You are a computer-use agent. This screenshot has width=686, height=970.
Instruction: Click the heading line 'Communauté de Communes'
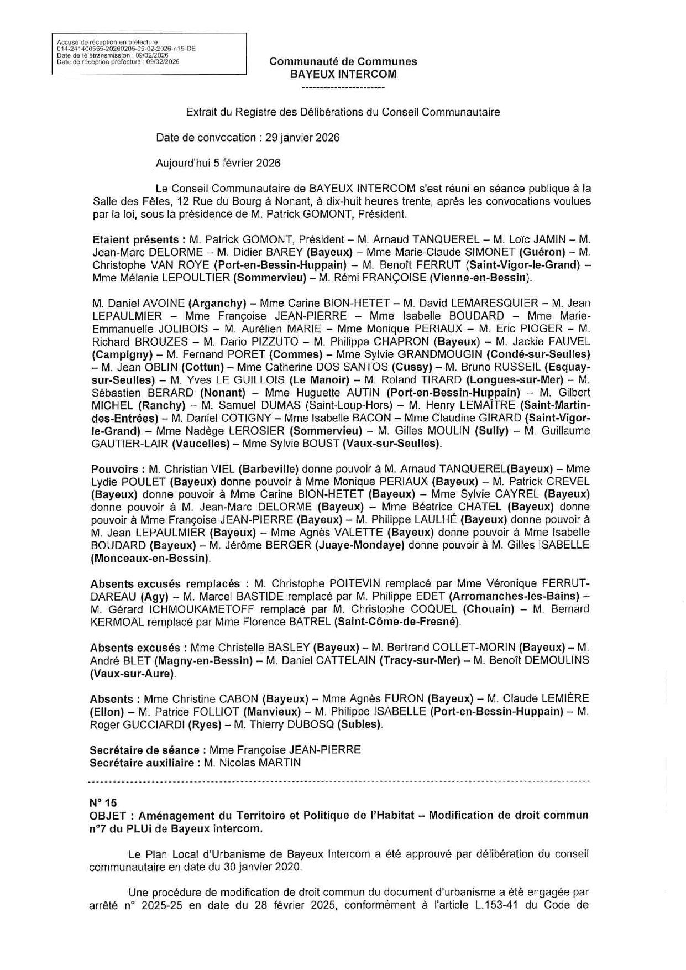(343, 61)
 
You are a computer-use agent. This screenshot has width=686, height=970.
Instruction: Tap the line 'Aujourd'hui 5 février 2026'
(218, 163)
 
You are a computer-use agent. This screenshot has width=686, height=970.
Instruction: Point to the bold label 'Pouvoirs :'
(117, 469)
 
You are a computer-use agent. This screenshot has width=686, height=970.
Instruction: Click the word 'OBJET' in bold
(109, 815)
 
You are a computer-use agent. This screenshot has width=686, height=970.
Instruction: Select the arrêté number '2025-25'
(159, 905)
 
